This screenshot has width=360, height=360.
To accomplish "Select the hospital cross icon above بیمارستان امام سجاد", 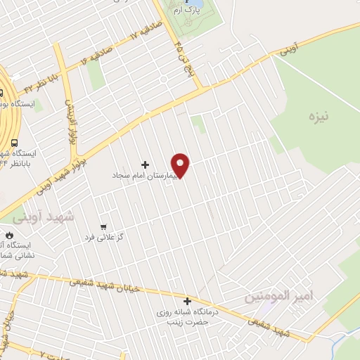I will click(146, 164).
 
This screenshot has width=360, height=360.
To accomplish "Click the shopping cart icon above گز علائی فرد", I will click(104, 227).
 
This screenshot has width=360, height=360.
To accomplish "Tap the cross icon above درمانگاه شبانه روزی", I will click(187, 301).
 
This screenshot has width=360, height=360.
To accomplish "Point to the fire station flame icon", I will click(9, 236).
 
